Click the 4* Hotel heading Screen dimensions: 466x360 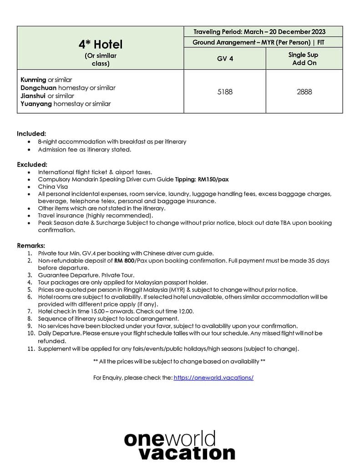click(101, 45)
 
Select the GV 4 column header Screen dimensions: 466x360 click(225, 59)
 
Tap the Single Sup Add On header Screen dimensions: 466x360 click(304, 59)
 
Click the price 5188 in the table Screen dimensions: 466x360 click(225, 91)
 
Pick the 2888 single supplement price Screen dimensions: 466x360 click(304, 91)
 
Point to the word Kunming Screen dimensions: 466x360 click(33, 80)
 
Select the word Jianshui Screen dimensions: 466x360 click(33, 96)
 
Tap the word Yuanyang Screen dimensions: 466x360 click(36, 104)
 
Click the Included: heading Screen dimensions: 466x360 click(31, 134)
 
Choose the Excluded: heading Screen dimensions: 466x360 click(32, 164)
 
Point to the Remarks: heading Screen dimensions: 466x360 click(31, 246)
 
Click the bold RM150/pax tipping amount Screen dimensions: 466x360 click(211, 180)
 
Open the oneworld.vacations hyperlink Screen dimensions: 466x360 click(213, 378)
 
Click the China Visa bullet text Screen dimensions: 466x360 click(53, 187)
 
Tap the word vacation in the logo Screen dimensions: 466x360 click(187, 453)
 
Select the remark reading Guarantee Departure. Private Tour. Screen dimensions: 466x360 click(86, 275)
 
